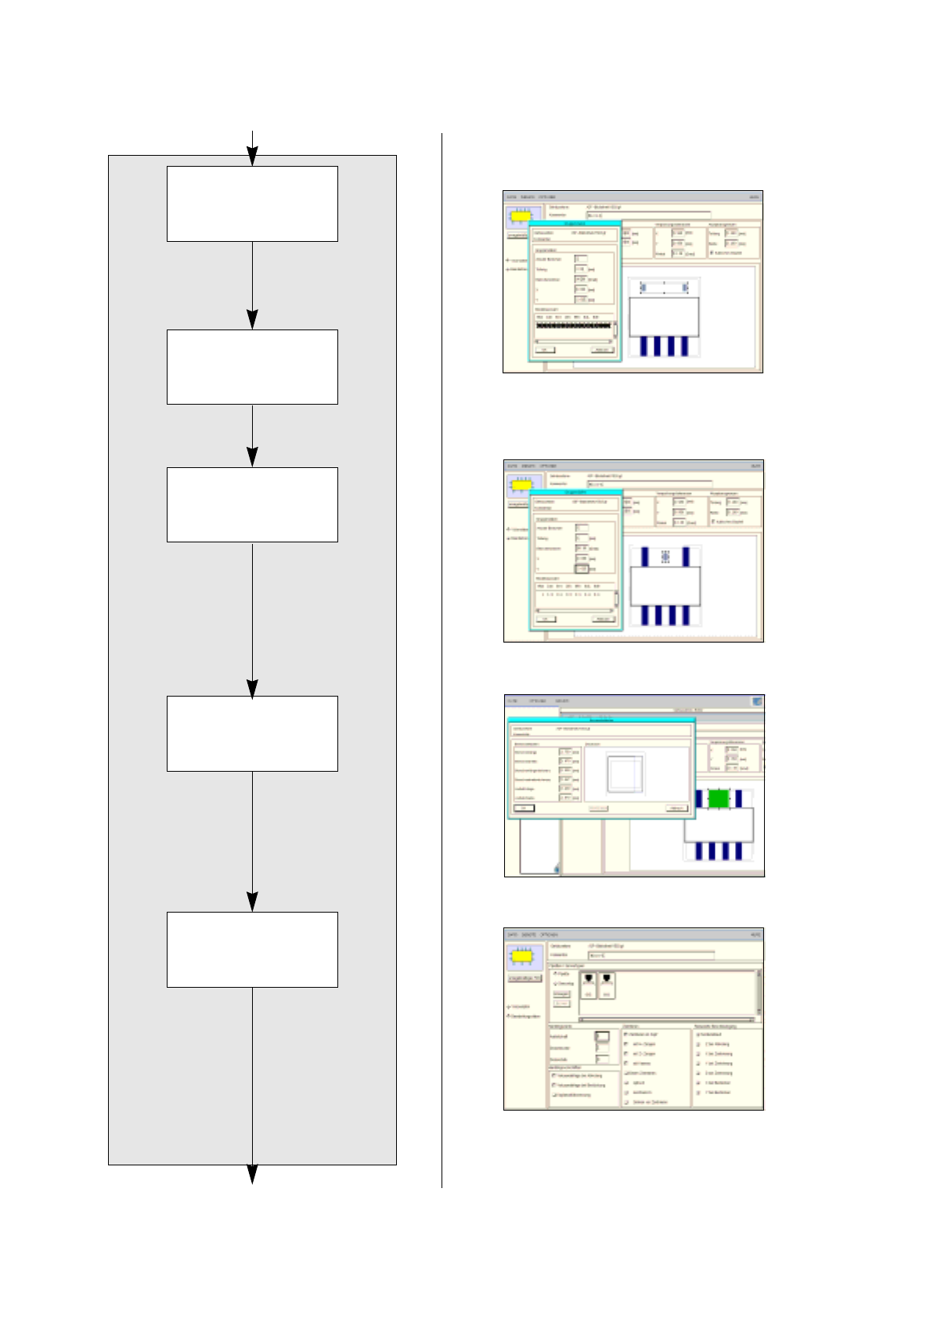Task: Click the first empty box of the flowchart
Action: tap(252, 203)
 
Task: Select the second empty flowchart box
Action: tap(252, 366)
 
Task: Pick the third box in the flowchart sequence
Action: tap(252, 505)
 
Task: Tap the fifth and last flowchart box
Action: tap(252, 949)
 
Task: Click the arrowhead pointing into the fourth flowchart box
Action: tap(252, 688)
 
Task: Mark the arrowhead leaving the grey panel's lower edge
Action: tap(252, 1174)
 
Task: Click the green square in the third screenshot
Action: tap(719, 798)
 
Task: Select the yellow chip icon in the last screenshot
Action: tap(522, 956)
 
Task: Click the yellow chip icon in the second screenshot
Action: tap(522, 485)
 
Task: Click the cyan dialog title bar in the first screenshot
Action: tap(575, 224)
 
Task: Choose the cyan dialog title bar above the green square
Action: tap(600, 719)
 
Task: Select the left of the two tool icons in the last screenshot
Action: tap(589, 984)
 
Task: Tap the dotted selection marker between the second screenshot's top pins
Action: tap(665, 556)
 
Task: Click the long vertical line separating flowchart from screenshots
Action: tap(442, 657)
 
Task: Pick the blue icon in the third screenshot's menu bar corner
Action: tap(757, 701)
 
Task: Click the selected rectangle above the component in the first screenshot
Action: tap(665, 289)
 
